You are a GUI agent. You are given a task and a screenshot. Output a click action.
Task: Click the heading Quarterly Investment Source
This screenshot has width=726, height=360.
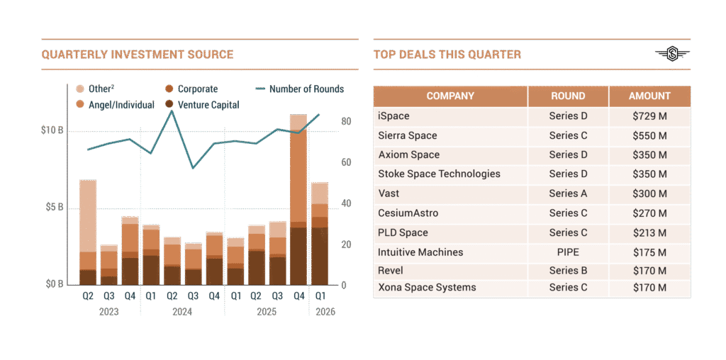coord(138,55)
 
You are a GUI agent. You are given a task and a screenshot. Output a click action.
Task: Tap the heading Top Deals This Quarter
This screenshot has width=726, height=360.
coord(447,55)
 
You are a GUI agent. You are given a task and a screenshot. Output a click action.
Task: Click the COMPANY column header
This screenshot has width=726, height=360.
coord(450,96)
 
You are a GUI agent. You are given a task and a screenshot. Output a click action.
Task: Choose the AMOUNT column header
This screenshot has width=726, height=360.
coord(649,96)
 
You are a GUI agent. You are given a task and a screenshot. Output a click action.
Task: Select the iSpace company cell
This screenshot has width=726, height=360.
coord(394,116)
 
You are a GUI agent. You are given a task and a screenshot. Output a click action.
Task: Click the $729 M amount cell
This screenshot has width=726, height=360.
coord(649,116)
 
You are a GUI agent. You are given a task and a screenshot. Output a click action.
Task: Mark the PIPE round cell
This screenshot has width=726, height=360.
coord(568,252)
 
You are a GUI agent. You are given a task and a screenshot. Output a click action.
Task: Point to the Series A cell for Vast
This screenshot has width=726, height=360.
coord(568,193)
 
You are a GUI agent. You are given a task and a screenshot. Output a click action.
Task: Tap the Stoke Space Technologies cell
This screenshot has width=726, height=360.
coord(439,174)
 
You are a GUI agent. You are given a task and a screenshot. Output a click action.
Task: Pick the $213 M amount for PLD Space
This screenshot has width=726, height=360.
coord(649,232)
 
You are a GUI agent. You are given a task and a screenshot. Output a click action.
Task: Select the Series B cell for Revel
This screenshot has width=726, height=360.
coord(568,271)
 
